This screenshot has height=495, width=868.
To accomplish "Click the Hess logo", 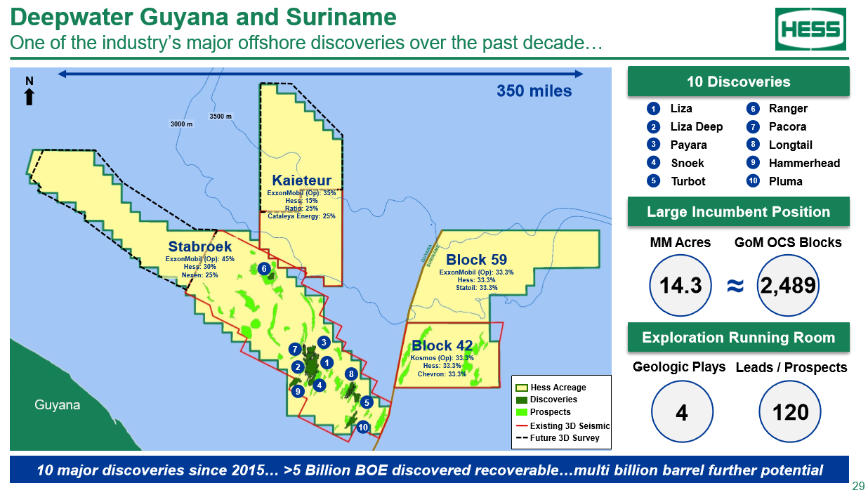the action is (x=810, y=29).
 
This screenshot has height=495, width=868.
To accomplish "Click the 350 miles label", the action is (x=534, y=91).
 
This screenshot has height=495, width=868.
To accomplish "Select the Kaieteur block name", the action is (x=301, y=180).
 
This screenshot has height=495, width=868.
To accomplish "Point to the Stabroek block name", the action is (x=200, y=246).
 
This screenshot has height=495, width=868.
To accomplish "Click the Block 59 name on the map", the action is (x=476, y=260).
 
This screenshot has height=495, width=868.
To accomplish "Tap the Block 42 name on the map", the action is (x=442, y=345).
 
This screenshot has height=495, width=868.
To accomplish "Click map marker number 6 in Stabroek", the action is (x=264, y=268).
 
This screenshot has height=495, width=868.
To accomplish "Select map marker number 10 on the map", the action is (x=362, y=427).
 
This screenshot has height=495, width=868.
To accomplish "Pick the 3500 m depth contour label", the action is (x=221, y=116).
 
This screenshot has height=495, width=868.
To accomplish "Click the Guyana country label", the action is (x=58, y=404).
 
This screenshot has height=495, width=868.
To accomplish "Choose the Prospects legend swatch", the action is (x=522, y=412).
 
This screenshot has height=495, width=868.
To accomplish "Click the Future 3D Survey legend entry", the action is (x=558, y=438).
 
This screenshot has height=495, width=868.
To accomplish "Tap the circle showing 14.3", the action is (x=680, y=286).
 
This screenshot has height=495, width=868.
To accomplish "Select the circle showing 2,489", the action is (x=788, y=286).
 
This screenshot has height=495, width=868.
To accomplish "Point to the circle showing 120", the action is (x=790, y=411).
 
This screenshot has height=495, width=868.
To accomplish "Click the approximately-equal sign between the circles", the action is (x=735, y=286).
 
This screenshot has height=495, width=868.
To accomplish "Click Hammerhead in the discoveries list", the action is (x=805, y=163).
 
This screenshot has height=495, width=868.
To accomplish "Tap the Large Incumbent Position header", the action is (x=739, y=212).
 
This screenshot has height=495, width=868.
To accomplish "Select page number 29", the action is (x=858, y=486).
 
